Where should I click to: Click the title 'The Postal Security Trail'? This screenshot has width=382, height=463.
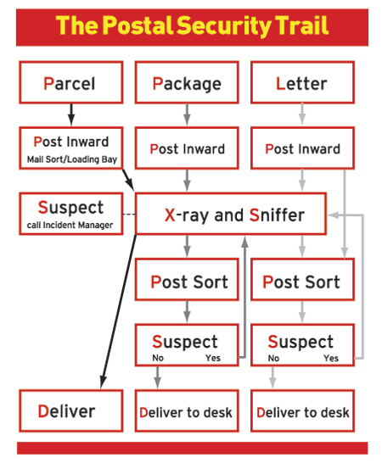tap(192, 26)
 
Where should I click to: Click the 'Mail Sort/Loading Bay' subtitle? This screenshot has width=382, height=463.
tap(72, 159)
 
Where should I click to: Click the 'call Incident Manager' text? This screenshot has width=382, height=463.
tap(70, 225)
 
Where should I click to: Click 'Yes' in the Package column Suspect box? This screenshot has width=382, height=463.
tap(213, 358)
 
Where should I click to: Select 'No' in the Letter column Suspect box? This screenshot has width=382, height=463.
tap(273, 358)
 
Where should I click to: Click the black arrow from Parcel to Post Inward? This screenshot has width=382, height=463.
tap(71, 114)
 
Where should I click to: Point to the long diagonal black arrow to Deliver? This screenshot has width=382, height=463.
tap(118, 311)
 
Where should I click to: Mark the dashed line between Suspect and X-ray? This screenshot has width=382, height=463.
tap(129, 214)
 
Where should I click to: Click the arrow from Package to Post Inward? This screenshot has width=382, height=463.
tap(187, 114)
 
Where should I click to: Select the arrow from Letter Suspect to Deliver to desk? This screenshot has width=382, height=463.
tap(272, 377)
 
